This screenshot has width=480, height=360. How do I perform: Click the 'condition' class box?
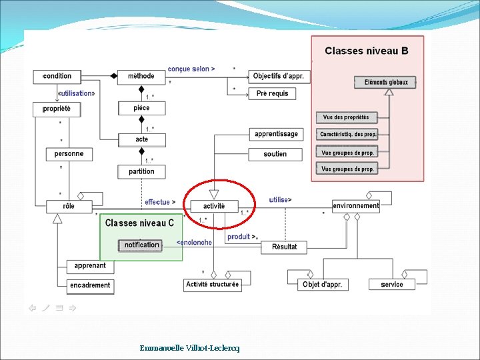point(57,76)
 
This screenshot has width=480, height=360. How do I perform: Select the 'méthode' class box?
point(141,76)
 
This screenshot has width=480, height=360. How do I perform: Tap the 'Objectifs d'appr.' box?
point(278,76)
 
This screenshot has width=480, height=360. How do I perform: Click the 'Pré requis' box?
point(272,93)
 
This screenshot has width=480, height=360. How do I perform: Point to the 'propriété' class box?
point(57,108)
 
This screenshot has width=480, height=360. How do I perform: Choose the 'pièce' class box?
point(141,107)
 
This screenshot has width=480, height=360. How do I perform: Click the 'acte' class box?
point(141,139)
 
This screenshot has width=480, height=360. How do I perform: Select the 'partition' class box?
point(141,171)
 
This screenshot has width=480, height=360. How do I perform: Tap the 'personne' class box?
point(69,154)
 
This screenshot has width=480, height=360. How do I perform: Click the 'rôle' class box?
point(69,206)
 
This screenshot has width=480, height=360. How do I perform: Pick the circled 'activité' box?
point(214,206)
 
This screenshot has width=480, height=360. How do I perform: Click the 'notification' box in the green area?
point(141,245)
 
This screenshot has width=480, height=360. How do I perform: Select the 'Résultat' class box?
point(285,247)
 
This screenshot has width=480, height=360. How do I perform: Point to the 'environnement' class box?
point(356,206)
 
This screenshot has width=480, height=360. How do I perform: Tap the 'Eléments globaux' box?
point(385,82)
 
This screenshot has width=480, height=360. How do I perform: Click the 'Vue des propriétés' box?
point(347,117)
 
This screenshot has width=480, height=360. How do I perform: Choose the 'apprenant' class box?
point(90,266)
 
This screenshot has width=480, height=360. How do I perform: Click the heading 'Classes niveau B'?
point(367,51)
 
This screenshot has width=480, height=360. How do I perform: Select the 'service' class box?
point(392,284)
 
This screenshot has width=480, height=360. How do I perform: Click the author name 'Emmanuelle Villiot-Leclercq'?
point(189,348)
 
